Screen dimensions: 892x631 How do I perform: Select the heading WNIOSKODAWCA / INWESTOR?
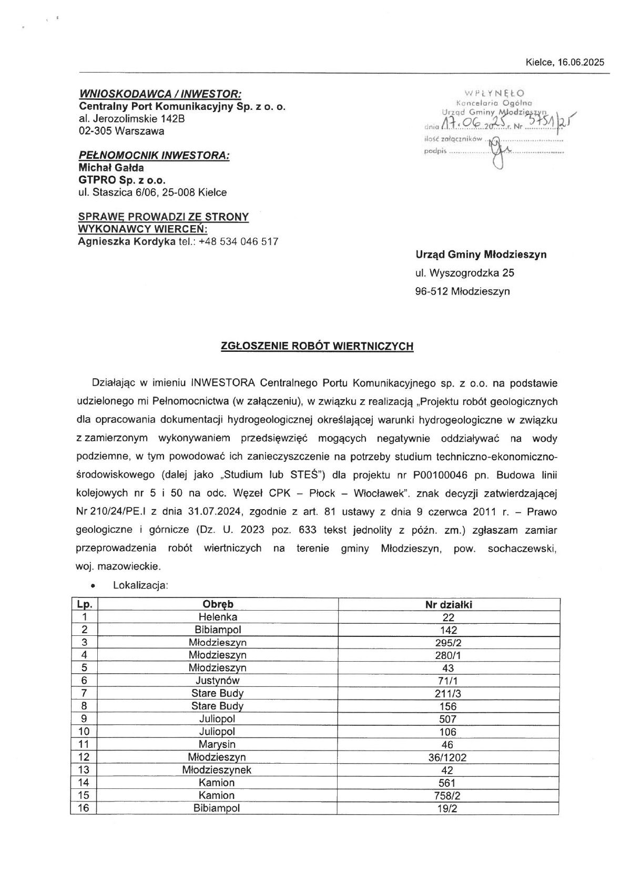coord(160,94)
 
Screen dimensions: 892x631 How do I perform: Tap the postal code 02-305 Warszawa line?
coord(121,131)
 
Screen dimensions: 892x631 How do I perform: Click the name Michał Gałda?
coord(111,167)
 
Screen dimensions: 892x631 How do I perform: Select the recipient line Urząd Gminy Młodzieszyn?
coord(481,255)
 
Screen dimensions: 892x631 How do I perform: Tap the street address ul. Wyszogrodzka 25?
coord(464,272)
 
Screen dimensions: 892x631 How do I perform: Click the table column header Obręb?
coord(218,604)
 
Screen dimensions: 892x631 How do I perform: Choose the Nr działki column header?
coord(449,604)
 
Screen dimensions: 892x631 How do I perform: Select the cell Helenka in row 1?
coord(218,617)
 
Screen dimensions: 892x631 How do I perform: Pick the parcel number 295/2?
coord(449,643)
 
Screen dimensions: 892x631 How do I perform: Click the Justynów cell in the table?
coord(218,681)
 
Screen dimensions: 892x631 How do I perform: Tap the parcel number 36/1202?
coord(449,757)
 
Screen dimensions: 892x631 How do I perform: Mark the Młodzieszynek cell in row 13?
coord(218,770)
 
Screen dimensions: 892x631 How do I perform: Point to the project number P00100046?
coord(442,475)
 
